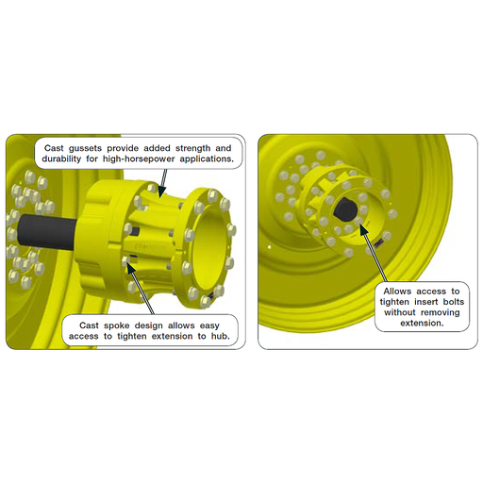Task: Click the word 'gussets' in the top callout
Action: tap(91, 148)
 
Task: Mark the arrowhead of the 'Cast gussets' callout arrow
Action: tap(163, 196)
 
